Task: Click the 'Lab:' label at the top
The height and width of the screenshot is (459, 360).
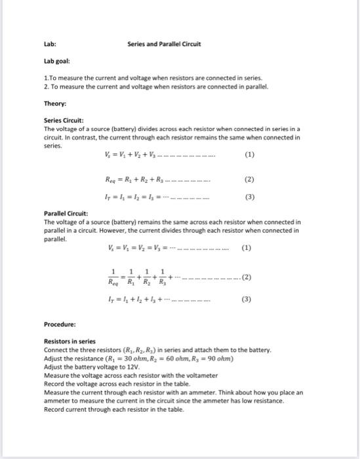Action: pos(49,44)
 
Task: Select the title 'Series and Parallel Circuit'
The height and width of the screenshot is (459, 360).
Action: pos(165,44)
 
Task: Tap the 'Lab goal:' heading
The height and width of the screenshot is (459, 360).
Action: pos(57,64)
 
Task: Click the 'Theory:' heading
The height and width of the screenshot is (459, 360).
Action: pos(55,103)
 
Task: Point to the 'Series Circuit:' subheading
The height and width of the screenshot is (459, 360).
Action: pos(63,121)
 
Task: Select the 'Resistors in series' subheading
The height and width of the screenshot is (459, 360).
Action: pos(70,342)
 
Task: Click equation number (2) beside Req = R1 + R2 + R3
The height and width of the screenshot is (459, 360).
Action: pos(248,177)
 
